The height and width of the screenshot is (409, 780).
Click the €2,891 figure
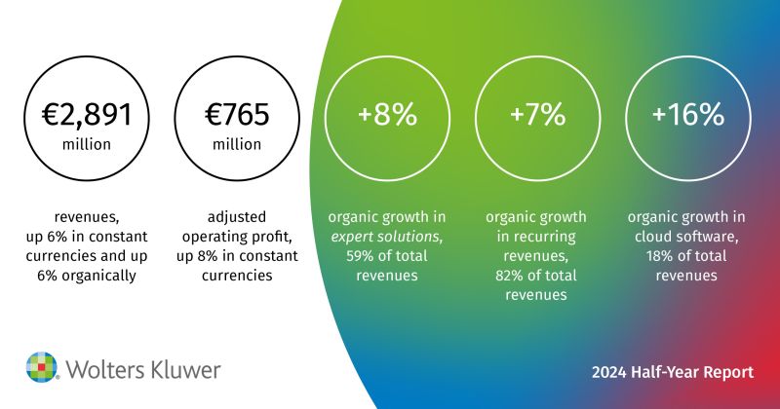pos(87,114)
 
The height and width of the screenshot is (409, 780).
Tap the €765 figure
pos(237,114)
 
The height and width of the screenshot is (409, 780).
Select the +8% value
pos(387,114)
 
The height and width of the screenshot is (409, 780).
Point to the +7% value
pos(538,114)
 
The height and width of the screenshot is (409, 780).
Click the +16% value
pos(688,114)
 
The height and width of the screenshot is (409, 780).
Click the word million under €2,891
pos(87,145)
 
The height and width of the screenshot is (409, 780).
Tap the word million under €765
pos(237,145)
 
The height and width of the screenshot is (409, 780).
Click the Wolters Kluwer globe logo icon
pos(42,367)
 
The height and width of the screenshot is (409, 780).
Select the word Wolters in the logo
pos(105,370)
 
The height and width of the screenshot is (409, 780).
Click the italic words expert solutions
pos(386,237)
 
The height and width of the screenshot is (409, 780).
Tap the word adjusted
pos(237,217)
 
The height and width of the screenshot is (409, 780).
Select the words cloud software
pos(686,237)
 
